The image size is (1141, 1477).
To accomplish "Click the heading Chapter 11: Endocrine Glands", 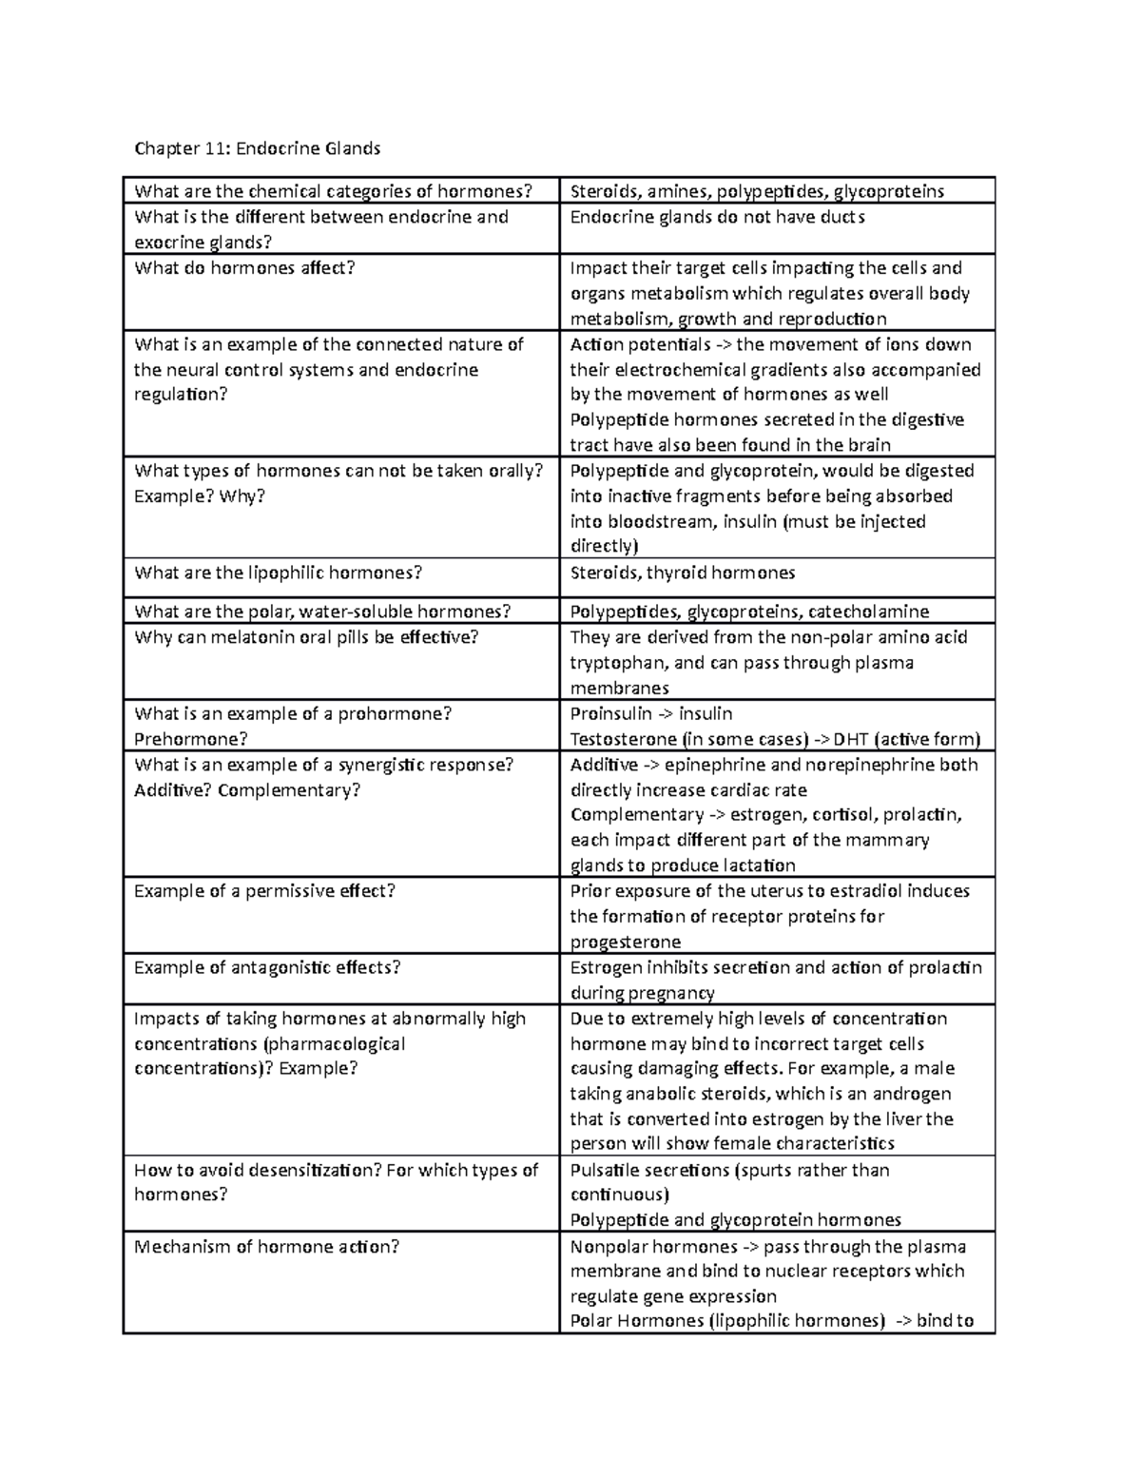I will (257, 148).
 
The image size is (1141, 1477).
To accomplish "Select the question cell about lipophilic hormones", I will (278, 573).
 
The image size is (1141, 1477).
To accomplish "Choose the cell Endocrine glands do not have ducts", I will (717, 217).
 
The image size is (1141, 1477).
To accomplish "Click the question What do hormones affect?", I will (244, 268).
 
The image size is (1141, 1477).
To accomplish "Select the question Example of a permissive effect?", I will (264, 891).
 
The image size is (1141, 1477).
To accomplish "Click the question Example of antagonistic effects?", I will (267, 967).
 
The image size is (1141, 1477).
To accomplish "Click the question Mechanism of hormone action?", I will (266, 1246).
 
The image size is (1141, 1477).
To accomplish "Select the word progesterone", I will (625, 942).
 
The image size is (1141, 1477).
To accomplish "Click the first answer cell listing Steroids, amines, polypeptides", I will (756, 191).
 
